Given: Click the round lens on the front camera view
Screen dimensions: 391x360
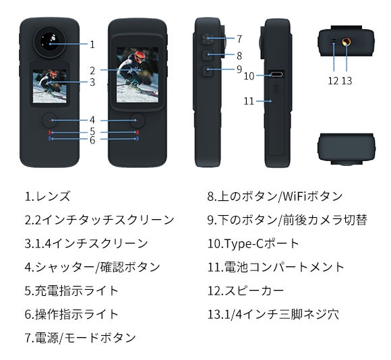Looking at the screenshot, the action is tap(49, 42).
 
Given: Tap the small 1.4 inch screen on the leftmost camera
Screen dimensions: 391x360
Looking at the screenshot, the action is tap(50, 86).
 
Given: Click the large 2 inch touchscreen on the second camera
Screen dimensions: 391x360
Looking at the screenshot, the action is tap(138, 75).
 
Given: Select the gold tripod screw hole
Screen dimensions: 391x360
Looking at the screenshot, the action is tap(346, 41).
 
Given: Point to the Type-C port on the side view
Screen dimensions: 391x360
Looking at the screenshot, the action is tap(276, 74).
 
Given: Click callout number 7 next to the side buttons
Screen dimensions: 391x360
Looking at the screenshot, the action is tap(239, 39).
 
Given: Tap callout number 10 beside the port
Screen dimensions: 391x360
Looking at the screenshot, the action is tap(249, 76).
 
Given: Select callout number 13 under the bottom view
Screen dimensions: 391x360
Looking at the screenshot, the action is tap(347, 81).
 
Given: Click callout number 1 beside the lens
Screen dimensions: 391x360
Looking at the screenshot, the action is tap(92, 44).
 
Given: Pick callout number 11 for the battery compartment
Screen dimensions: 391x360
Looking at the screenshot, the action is tap(249, 101).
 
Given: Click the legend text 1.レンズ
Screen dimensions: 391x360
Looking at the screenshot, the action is tap(47, 196).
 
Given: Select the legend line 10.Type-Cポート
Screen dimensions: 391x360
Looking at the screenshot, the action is tap(253, 243).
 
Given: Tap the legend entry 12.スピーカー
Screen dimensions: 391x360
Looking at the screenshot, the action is tap(245, 291).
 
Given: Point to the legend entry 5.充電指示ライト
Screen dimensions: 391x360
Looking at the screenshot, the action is tap(71, 291).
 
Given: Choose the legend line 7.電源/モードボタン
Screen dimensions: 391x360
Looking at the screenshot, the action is tap(80, 338).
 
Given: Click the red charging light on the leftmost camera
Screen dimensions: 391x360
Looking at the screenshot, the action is tap(49, 132).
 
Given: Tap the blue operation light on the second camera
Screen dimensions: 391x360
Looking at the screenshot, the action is tap(138, 139).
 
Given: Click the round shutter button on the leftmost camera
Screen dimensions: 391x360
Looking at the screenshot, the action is tap(49, 121).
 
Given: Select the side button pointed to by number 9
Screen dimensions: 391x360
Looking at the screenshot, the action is tap(208, 71).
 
